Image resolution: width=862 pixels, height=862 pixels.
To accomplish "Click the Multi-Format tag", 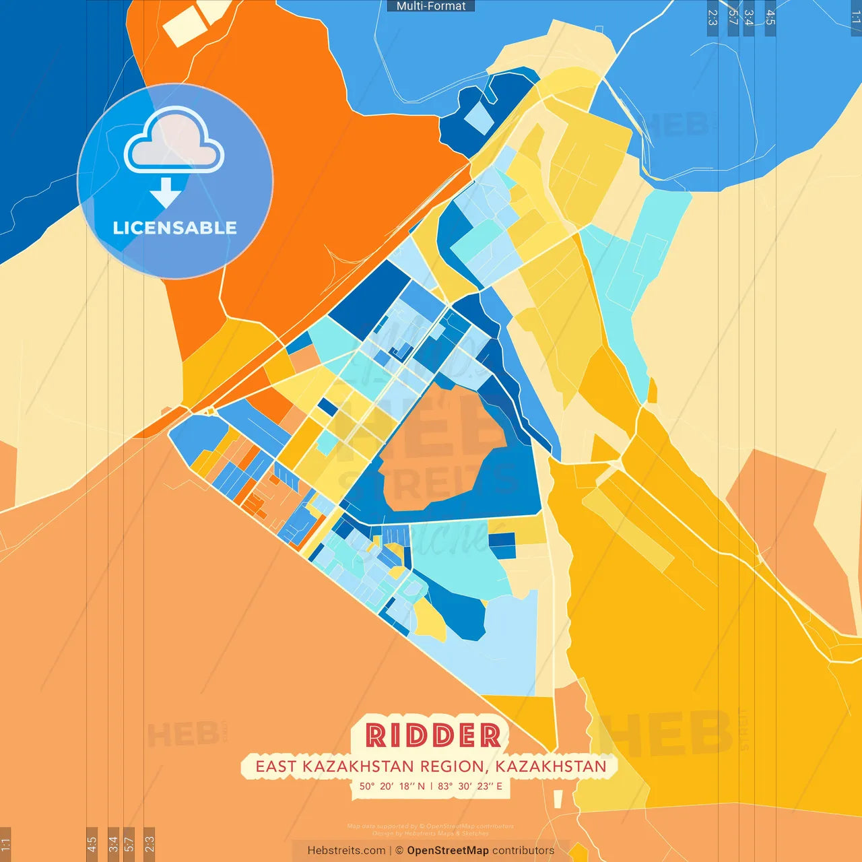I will (431, 6).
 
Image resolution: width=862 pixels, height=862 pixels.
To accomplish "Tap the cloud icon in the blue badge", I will (174, 141).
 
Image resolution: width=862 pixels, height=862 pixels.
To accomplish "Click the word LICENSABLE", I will (174, 228).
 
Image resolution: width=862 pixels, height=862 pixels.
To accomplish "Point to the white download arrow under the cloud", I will (165, 193).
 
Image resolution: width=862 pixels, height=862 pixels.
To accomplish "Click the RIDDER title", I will (433, 735).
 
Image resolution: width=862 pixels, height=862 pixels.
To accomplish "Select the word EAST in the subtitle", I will (276, 766).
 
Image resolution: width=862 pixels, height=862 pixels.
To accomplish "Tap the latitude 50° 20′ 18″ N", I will (392, 786).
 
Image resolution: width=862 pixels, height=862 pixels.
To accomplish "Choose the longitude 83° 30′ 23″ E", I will (470, 786).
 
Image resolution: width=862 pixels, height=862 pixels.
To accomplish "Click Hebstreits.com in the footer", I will (346, 851).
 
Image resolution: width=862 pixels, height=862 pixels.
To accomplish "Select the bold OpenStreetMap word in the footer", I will (448, 851).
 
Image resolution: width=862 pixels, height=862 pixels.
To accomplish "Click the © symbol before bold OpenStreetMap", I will (399, 851).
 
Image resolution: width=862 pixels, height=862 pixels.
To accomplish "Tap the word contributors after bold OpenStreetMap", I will (523, 851).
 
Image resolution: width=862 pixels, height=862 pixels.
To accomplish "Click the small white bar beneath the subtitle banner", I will (558, 799).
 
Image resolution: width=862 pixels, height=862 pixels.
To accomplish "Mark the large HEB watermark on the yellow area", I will (667, 734).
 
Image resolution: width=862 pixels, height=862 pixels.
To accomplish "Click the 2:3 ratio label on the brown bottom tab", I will (150, 844).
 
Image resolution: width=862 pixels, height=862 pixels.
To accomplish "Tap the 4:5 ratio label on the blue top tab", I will (770, 18).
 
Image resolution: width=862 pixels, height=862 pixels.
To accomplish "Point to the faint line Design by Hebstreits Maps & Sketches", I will (431, 833).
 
